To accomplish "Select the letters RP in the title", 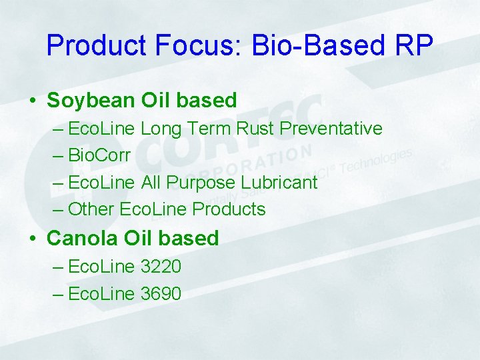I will (x=413, y=45).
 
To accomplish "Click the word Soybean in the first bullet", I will (x=91, y=100).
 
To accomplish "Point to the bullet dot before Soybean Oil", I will (x=32, y=101).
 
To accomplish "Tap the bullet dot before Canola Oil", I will (x=32, y=239).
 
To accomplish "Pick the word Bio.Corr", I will (x=99, y=155).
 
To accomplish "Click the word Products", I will (x=229, y=209).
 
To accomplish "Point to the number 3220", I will (x=161, y=267).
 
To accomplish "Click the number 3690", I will (x=161, y=293).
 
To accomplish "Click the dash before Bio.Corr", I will (x=57, y=155).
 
